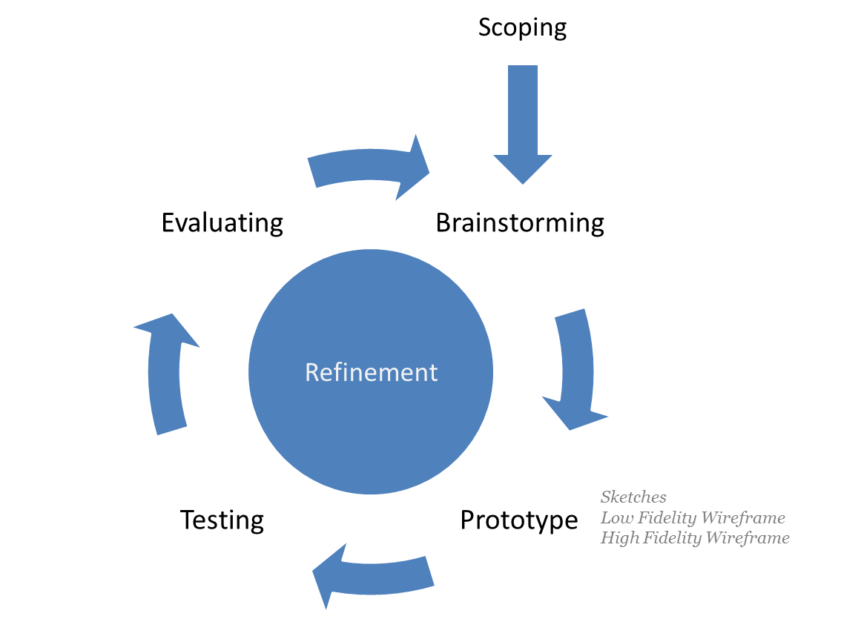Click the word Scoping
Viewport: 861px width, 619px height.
coord(522,28)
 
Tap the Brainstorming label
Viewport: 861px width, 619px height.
coord(520,222)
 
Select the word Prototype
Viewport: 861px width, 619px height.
coord(518,520)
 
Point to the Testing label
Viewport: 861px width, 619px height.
coord(222,520)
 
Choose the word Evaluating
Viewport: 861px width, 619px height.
coord(222,222)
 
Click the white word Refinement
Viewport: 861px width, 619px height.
coord(371,371)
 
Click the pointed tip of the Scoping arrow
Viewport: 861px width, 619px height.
coord(523,181)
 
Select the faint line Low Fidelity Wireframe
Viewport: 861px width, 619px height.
coord(694,517)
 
